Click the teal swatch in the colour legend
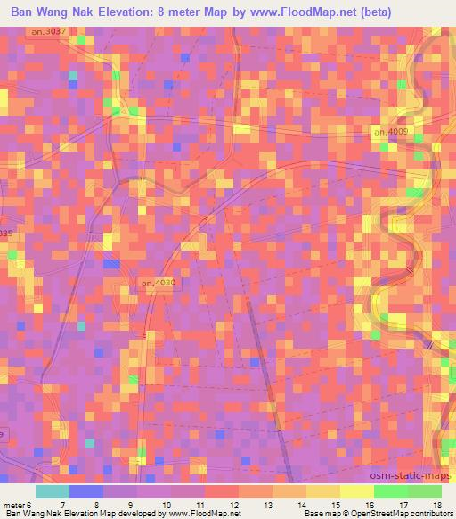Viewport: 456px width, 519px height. (x=52, y=491)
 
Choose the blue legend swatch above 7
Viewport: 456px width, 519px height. (x=86, y=491)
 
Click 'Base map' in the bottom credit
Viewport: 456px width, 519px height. (x=319, y=515)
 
